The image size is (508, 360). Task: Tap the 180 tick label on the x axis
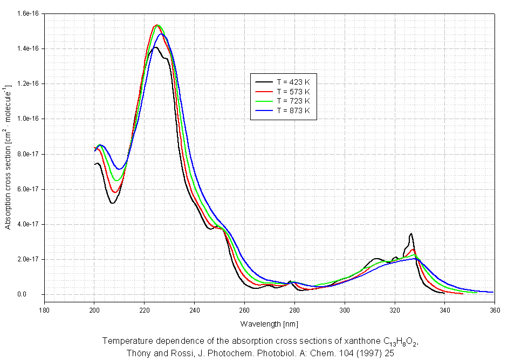[x=44, y=310]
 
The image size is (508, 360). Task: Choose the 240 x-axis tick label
[x=195, y=310]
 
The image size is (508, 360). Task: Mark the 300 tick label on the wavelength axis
[x=345, y=310]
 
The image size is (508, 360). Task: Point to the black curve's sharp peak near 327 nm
[x=411, y=233]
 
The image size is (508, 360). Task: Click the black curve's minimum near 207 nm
[x=112, y=203]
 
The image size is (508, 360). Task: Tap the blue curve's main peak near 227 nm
[x=161, y=34]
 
